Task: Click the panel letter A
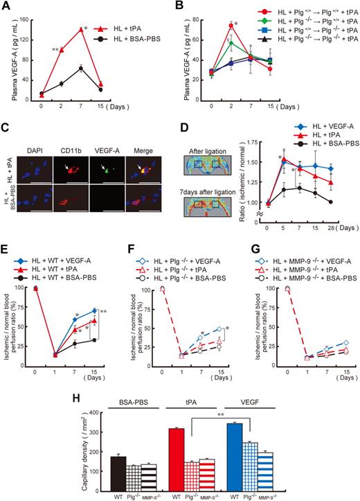click(x=6, y=6)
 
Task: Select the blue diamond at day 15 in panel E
click(x=94, y=291)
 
